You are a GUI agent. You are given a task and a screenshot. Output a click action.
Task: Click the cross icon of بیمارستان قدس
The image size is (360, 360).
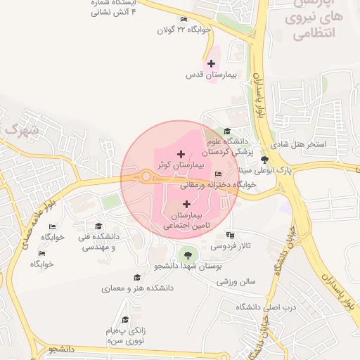(x=211, y=64)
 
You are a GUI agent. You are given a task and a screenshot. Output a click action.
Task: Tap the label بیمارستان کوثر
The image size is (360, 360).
(x=182, y=164)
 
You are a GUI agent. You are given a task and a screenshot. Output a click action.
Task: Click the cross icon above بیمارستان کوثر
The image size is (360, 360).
(x=181, y=153)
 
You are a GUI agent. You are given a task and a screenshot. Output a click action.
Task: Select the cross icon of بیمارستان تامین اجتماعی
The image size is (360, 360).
(x=186, y=203)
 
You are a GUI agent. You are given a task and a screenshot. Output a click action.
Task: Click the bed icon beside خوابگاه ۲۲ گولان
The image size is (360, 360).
(x=184, y=19)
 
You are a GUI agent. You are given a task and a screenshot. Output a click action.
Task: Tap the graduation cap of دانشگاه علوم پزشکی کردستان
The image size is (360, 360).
(x=226, y=131)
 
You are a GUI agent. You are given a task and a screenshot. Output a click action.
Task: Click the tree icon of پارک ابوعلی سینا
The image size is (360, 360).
(x=264, y=160)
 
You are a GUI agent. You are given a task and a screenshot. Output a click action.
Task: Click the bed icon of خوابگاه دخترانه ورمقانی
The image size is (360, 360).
(x=218, y=174)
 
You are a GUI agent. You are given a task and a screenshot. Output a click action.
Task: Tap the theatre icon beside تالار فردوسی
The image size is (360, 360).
(x=230, y=235)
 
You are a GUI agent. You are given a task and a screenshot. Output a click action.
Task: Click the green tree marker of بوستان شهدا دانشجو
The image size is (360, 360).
(x=186, y=254)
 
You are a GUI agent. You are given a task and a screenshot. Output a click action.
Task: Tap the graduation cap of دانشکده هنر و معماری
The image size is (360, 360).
(x=136, y=278)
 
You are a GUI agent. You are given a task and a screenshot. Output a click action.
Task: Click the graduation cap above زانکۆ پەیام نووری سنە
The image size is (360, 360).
(x=126, y=319)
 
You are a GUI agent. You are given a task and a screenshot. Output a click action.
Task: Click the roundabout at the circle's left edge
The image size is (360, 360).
(x=146, y=176)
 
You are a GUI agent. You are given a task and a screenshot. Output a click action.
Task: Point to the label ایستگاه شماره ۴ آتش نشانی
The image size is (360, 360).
(x=115, y=8)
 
